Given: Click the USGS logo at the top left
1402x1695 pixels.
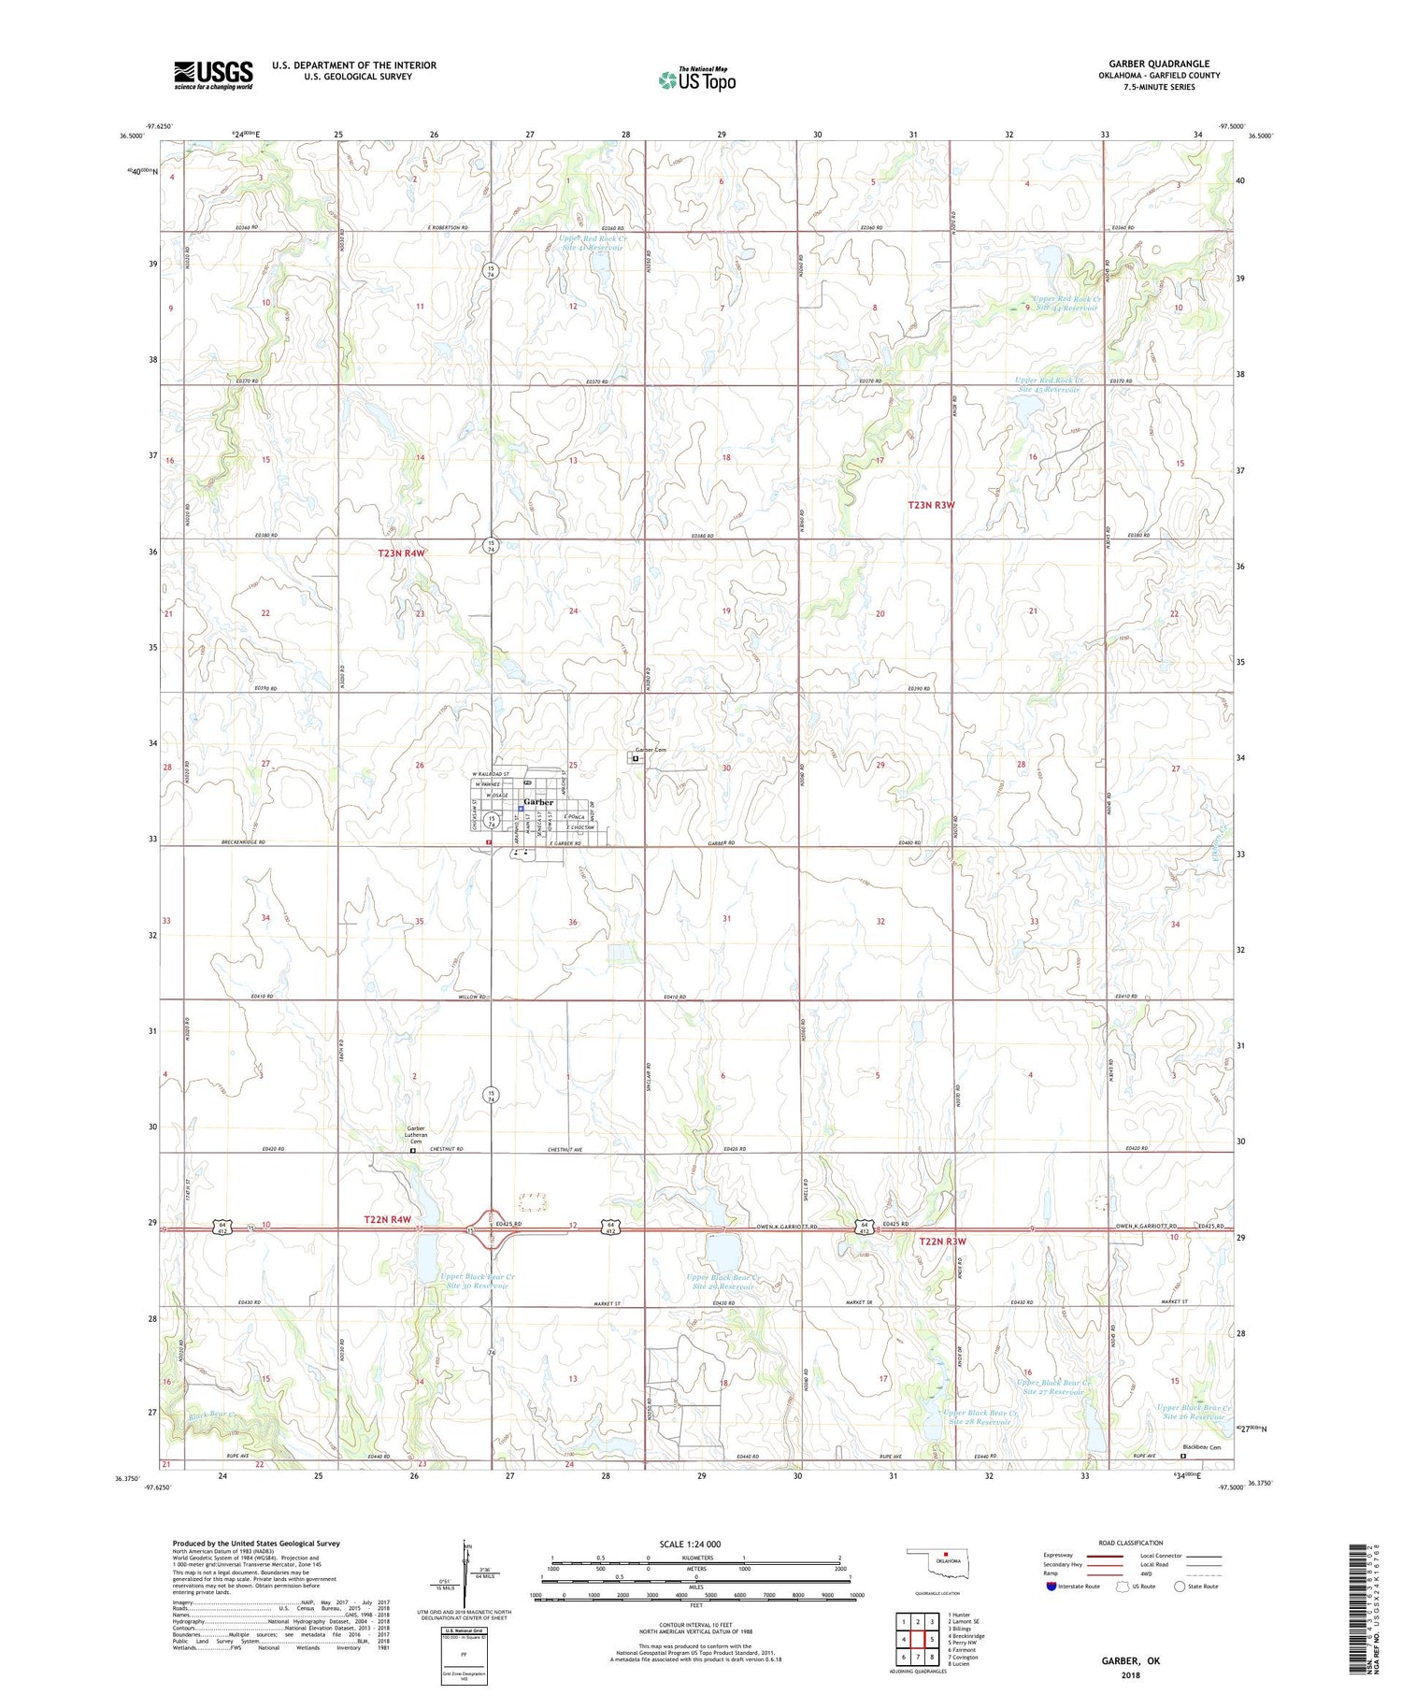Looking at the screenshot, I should [x=213, y=75].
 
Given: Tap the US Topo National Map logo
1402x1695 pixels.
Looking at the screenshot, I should [x=696, y=80].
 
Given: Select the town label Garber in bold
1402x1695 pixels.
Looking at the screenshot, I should [x=538, y=802].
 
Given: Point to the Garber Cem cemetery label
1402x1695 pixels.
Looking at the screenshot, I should [x=651, y=750].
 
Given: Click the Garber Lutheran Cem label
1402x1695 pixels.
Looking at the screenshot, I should [x=414, y=1134].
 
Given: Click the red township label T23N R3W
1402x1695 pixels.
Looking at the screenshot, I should [x=932, y=505].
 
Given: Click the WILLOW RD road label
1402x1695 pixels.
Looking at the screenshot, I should [x=471, y=997].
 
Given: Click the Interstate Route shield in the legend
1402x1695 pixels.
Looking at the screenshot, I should [x=1052, y=1587].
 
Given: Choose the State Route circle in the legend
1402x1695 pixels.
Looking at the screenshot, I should [x=1180, y=1587].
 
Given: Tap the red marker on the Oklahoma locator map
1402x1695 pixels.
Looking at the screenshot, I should [x=946, y=1556].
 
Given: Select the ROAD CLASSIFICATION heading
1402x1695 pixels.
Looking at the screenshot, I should [x=1131, y=1543].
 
